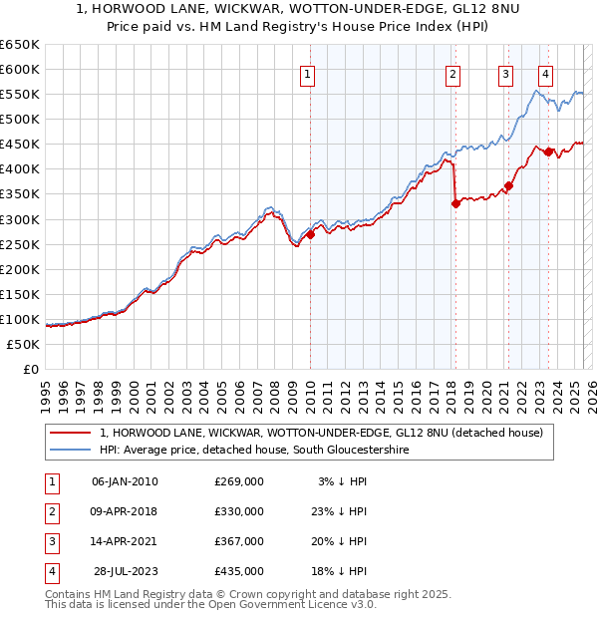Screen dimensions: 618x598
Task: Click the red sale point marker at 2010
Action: pos(310,234)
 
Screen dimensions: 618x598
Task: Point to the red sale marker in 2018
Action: pos(455,203)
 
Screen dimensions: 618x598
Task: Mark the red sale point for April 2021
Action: pos(508,185)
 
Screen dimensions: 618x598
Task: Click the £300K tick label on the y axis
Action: pos(20,219)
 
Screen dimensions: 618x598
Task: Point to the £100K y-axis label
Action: pos(20,319)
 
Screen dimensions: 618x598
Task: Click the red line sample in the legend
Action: pos(70,433)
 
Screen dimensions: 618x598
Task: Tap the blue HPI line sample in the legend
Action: pos(70,451)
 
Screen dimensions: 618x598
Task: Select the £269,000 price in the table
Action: pos(239,481)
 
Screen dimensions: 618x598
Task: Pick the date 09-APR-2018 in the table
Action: pos(125,511)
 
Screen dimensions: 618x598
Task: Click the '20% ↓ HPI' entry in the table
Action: pos(343,541)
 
